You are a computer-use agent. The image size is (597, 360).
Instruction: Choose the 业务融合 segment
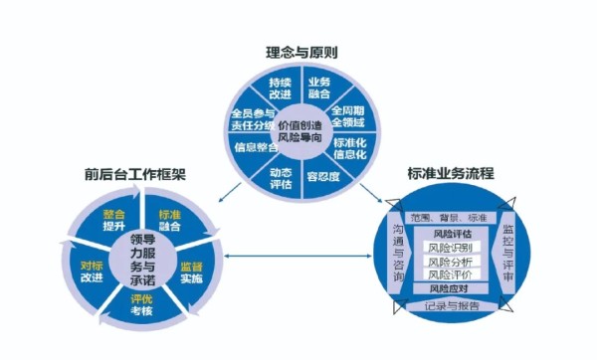tap(319, 87)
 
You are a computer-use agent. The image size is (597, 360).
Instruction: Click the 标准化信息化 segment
tap(349, 149)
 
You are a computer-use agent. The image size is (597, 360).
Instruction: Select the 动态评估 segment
tap(280, 177)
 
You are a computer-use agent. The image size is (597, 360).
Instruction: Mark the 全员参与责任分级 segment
tap(252, 118)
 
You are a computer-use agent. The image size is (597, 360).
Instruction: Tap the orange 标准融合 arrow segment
tap(169, 220)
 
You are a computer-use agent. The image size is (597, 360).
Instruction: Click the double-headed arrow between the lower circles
tap(298, 257)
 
